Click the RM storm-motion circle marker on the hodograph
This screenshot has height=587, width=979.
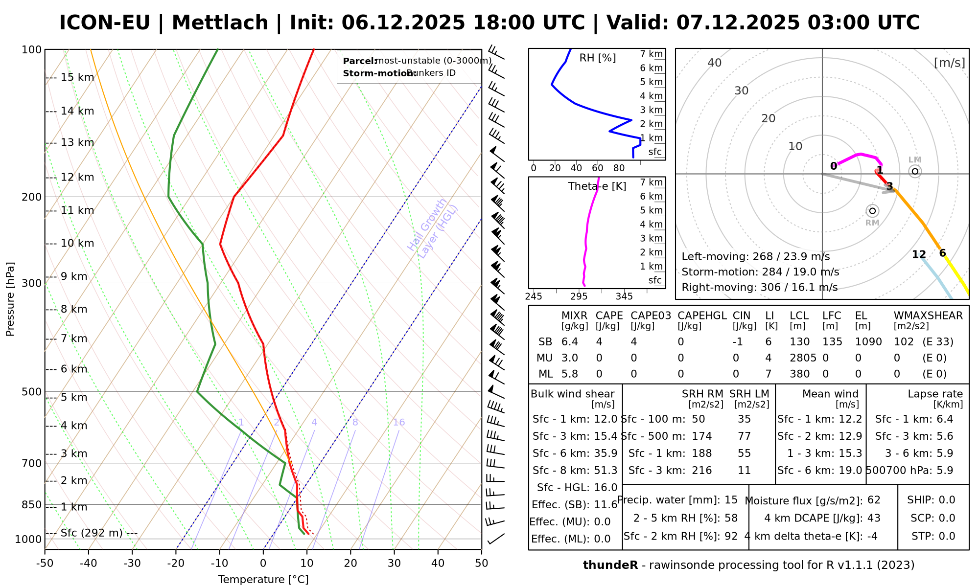click(x=872, y=211)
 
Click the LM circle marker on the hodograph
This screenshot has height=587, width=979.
click(x=915, y=171)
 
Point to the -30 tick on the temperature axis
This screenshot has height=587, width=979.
click(x=132, y=563)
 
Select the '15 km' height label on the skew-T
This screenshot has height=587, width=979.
click(x=77, y=77)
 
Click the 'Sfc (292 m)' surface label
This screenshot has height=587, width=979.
click(x=92, y=533)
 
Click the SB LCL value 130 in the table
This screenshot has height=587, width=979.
click(x=800, y=342)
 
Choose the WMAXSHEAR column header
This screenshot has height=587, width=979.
click(x=928, y=316)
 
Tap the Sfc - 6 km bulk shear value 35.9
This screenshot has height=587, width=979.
click(x=606, y=453)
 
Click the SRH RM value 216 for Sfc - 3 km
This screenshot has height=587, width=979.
click(x=702, y=471)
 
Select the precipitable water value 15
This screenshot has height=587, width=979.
click(x=731, y=500)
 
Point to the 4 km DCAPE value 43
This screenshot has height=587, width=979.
click(x=874, y=518)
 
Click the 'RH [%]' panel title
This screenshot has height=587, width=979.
click(x=597, y=58)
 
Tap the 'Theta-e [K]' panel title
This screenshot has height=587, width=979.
click(x=597, y=186)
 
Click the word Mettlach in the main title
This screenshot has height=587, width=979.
click(x=220, y=23)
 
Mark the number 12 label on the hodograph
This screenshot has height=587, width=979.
click(x=919, y=254)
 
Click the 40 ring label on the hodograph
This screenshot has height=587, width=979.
click(x=715, y=63)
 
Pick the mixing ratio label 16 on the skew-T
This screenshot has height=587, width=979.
click(x=398, y=422)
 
